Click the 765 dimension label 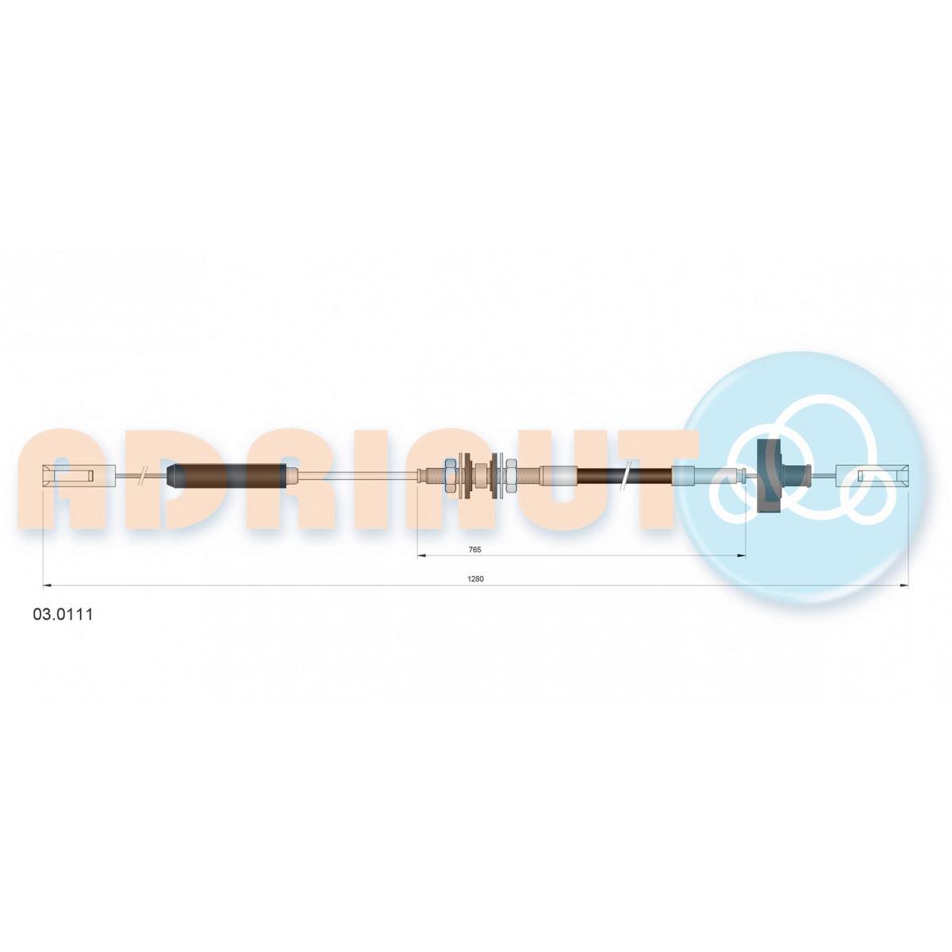tap(474, 549)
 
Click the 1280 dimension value tap(476, 579)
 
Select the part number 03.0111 tap(63, 615)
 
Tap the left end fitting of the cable tap(79, 476)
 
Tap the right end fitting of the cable tap(871, 476)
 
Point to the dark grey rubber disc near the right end tap(769, 476)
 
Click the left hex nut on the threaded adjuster tap(451, 476)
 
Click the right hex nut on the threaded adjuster tap(510, 476)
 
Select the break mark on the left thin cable tap(143, 476)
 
